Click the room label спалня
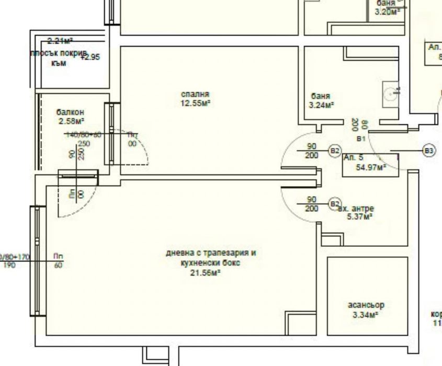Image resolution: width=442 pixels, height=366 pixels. [x=195, y=94]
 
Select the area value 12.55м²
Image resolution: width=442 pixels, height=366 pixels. [x=195, y=103]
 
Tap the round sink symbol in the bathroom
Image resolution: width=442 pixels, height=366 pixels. [x=391, y=94]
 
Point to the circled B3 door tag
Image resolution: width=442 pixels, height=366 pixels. [x=429, y=151]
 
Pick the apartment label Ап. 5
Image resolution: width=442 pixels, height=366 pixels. [x=354, y=157]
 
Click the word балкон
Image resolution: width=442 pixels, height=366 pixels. [x=71, y=112]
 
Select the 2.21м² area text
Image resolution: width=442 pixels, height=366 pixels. [x=60, y=40]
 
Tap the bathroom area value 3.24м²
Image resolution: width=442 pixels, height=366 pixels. [x=322, y=105]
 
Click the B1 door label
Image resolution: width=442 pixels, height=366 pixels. [x=360, y=139]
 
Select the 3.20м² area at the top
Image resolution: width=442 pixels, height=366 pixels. [x=388, y=11]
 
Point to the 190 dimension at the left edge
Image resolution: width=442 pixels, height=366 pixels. [x=9, y=266]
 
